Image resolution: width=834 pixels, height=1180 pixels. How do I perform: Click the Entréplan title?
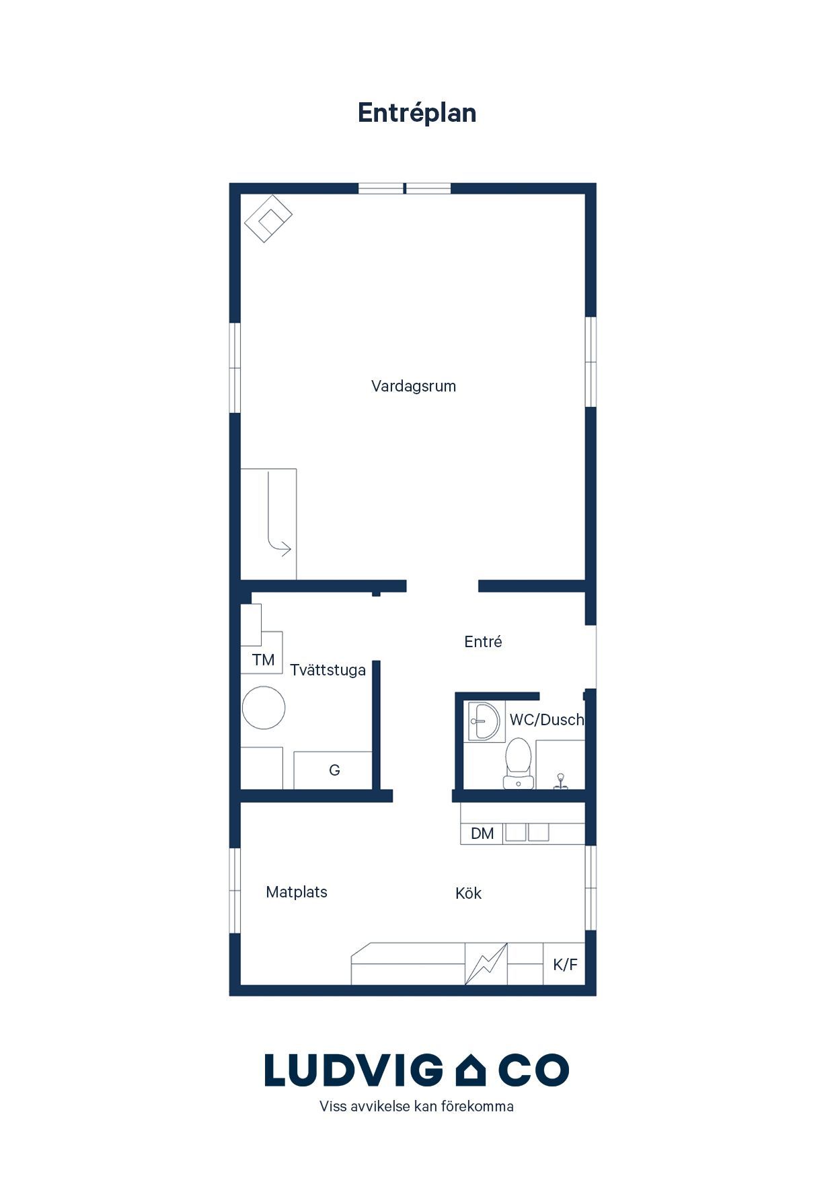[x=417, y=114]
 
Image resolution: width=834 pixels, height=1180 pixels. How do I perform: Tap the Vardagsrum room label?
[x=414, y=387]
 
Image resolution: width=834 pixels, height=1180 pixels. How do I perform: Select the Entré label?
[x=483, y=642]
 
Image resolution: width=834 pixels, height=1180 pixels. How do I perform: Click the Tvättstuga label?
[x=328, y=671]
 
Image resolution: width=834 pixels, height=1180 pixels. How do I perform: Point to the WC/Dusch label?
[x=547, y=720]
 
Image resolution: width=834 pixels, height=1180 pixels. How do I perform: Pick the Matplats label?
[x=297, y=893]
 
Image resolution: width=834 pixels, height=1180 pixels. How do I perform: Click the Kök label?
[x=469, y=893]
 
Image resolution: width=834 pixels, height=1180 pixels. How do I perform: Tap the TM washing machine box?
[x=262, y=653]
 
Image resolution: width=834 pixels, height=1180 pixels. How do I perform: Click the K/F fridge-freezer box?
[x=564, y=964]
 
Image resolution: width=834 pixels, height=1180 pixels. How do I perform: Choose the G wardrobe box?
[x=333, y=770]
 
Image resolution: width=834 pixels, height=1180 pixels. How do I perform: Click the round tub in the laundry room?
[x=264, y=708]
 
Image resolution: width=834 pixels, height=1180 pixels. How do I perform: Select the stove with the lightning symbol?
[x=486, y=964]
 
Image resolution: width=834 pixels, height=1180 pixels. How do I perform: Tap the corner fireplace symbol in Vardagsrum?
[x=268, y=219]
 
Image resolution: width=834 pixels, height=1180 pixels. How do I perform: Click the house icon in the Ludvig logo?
[x=471, y=1071]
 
